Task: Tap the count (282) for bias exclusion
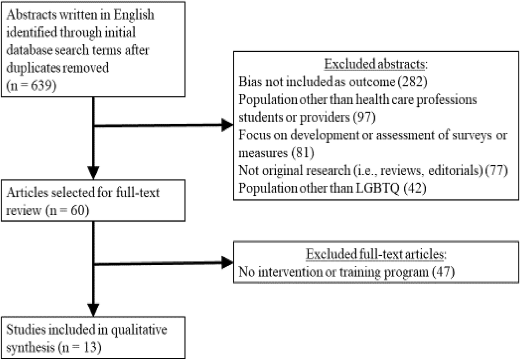pos(413,82)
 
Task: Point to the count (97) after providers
pos(364,117)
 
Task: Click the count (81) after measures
pos(303,153)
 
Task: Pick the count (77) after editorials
pos(497,170)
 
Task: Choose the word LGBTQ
pos(377,188)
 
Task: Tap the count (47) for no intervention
pos(443,272)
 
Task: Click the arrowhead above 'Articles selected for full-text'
pos(94,172)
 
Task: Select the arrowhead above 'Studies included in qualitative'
pos(94,309)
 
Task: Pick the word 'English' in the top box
pos(134,15)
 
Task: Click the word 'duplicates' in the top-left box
pos(33,68)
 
